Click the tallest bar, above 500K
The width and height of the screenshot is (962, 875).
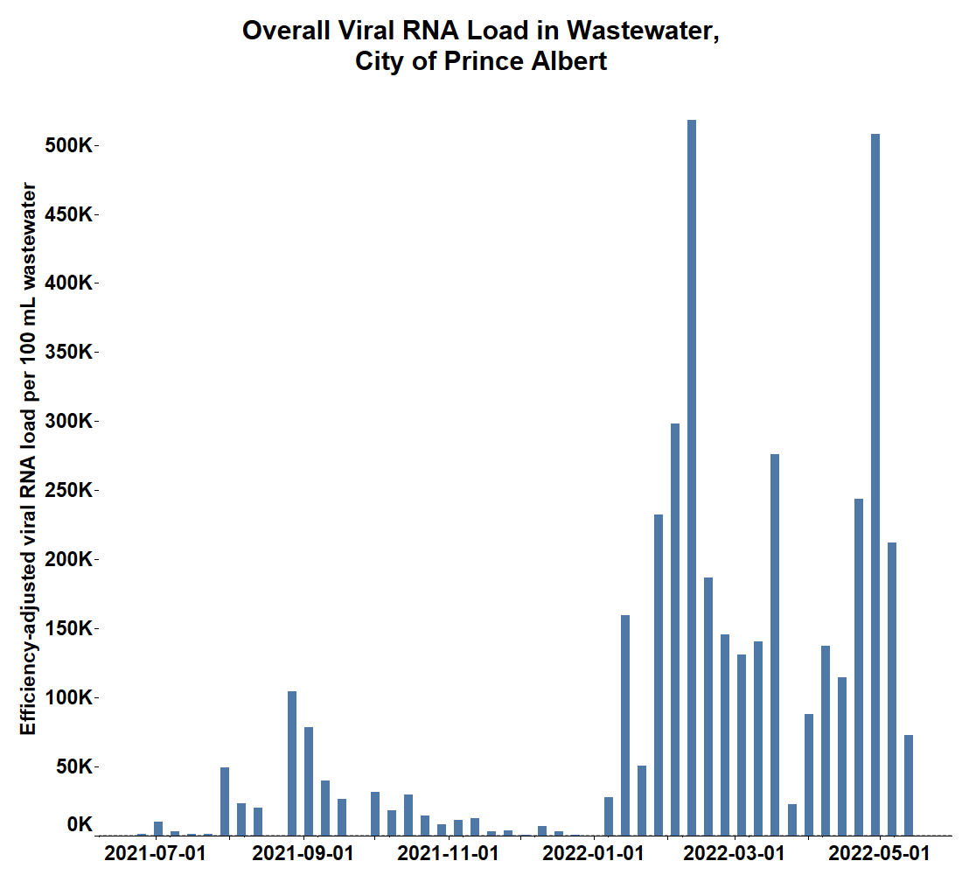(x=692, y=477)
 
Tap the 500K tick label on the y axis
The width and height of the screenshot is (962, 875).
(x=68, y=145)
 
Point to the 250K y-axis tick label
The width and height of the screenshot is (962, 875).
(x=68, y=491)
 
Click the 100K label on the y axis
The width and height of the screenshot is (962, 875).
(x=68, y=698)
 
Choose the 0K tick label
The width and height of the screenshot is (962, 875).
(x=80, y=824)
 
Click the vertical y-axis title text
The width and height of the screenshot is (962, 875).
(x=29, y=459)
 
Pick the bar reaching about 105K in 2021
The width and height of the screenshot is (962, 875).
(x=292, y=763)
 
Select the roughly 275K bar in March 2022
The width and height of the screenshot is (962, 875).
(x=775, y=644)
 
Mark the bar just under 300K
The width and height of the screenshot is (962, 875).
(x=675, y=629)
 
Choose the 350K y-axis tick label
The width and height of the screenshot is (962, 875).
(x=68, y=353)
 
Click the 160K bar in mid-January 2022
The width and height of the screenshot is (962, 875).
(x=625, y=724)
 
